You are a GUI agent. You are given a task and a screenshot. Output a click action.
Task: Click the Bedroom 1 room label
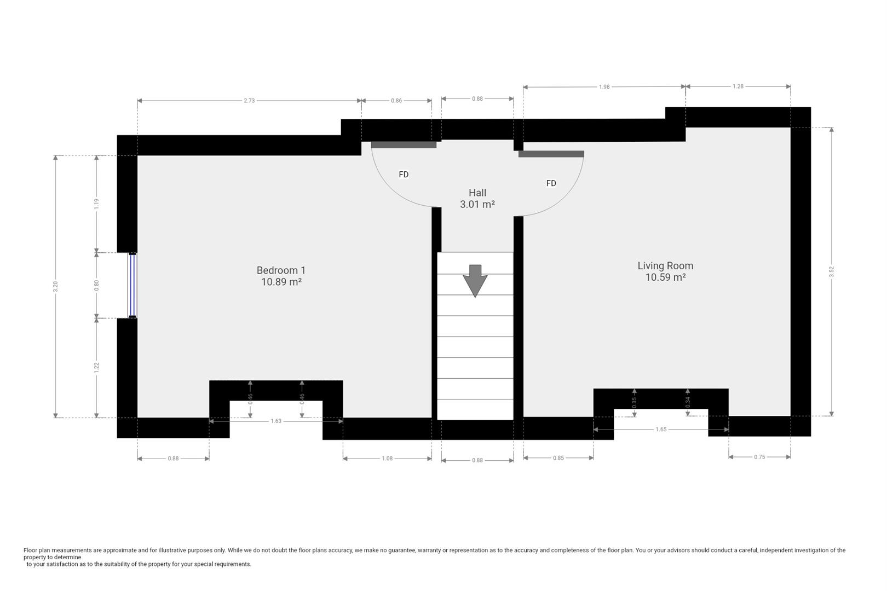281,270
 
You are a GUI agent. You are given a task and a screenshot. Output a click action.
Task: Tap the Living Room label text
665,266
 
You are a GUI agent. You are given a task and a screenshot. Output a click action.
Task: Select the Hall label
477,193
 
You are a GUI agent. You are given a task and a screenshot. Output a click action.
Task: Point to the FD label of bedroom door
404,175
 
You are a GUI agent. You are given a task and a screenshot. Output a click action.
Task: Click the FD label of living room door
551,183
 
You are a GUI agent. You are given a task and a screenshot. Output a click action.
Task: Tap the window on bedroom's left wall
132,285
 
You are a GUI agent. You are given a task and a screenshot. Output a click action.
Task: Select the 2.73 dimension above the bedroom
249,101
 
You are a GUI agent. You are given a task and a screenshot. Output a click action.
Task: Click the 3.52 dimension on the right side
831,272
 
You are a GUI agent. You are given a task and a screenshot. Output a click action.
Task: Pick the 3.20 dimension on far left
55,286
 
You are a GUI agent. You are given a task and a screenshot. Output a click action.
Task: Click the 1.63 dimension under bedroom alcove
276,421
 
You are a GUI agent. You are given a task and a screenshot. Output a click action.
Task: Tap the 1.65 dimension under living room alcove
661,430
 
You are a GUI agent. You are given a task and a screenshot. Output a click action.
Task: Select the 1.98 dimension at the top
604,86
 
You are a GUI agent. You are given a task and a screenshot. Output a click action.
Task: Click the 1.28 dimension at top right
738,86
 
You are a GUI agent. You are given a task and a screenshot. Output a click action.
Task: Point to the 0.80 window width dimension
97,285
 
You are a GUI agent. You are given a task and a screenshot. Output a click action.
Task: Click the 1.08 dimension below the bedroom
387,459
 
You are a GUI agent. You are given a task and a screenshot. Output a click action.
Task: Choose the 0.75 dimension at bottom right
759,457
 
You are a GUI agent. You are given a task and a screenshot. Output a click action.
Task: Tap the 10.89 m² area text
281,282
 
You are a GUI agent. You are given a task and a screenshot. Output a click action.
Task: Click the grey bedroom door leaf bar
404,145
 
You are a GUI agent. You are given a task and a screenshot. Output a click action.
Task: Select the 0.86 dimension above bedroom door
396,101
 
